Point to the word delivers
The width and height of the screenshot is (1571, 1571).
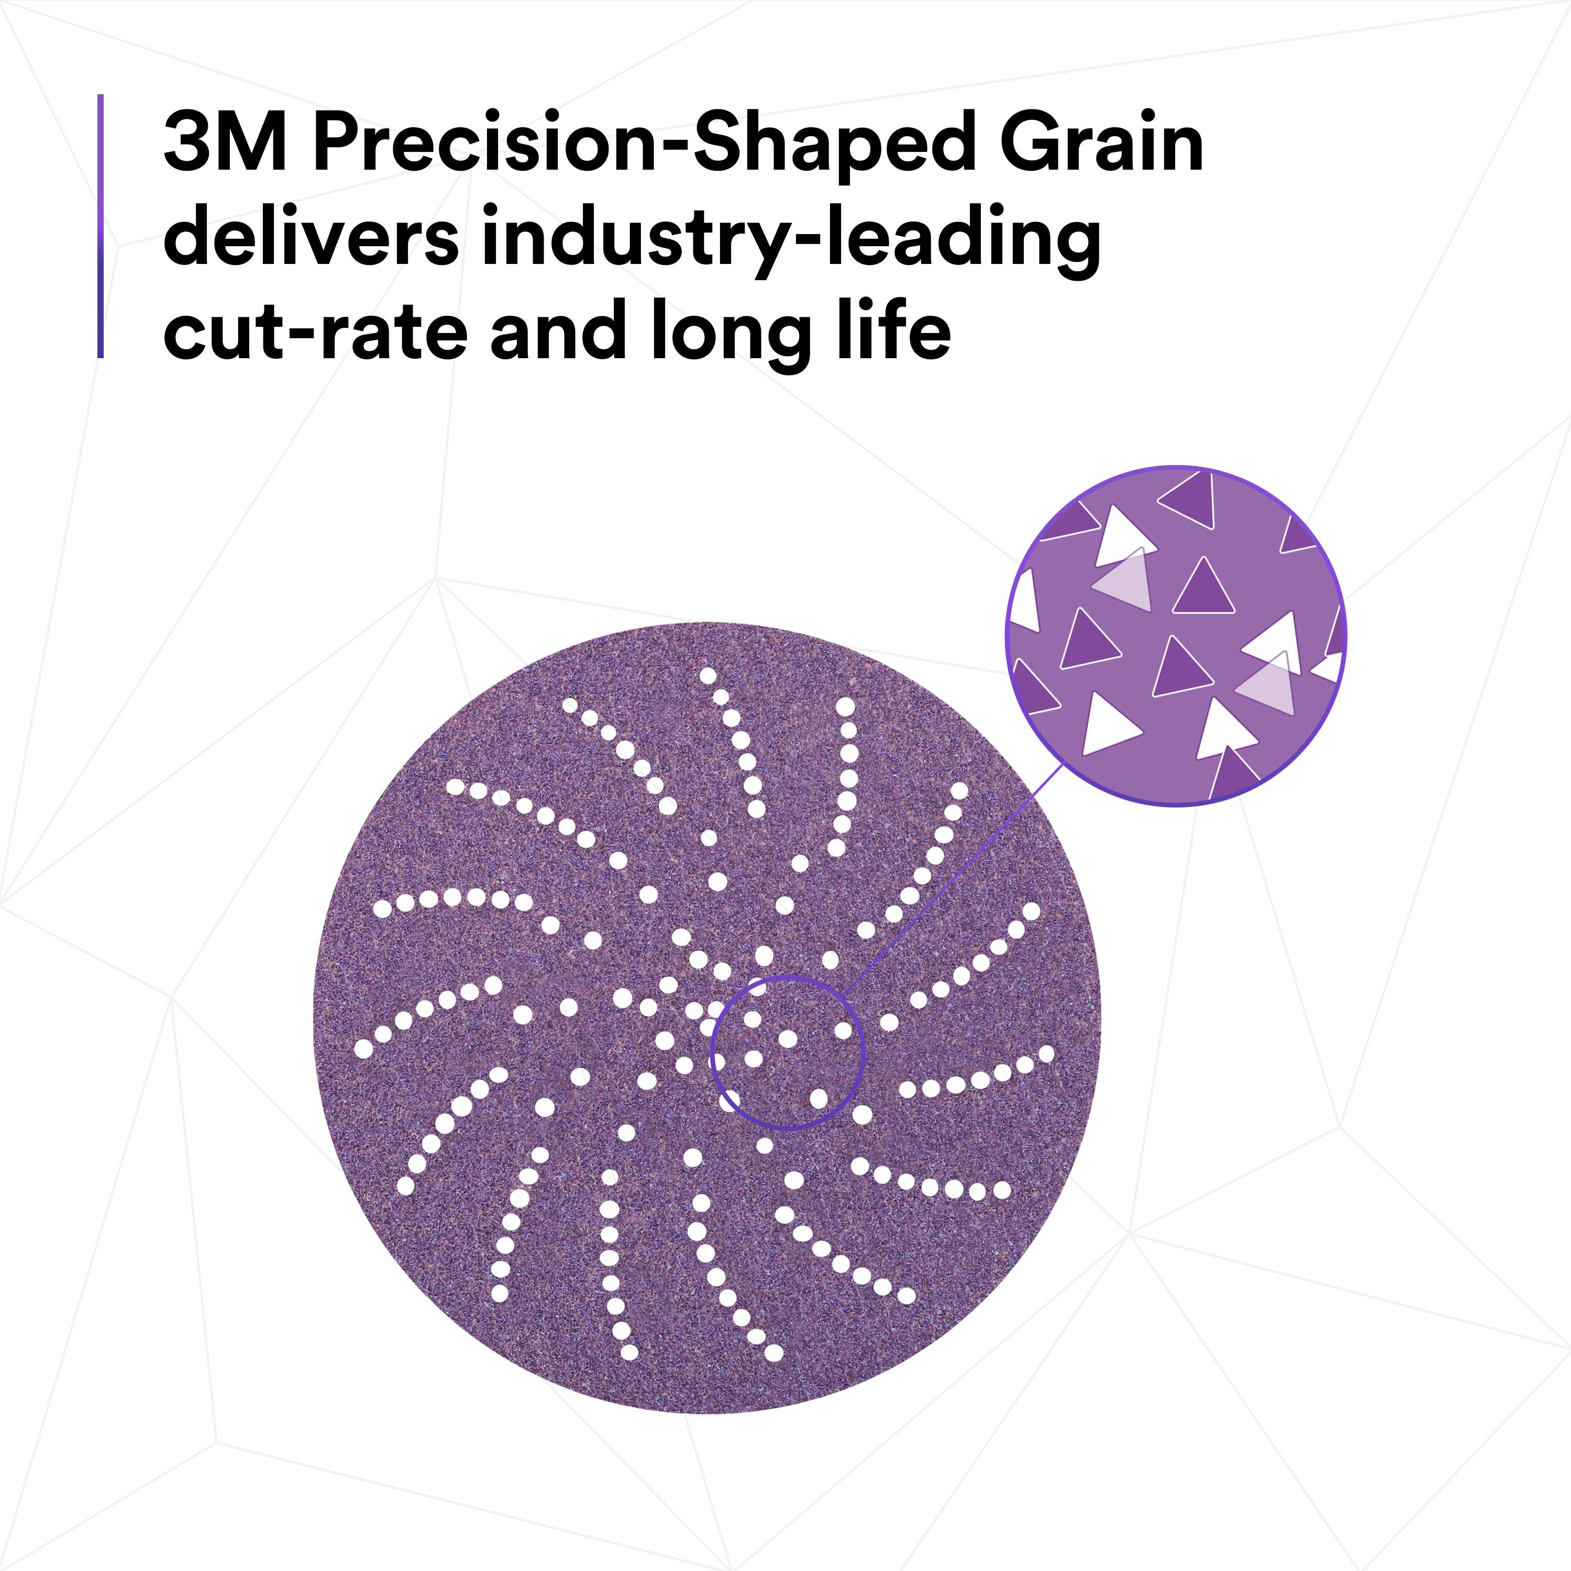click(x=311, y=236)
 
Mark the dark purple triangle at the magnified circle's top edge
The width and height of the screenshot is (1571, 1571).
click(x=1188, y=497)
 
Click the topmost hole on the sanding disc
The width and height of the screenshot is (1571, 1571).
click(x=707, y=675)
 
